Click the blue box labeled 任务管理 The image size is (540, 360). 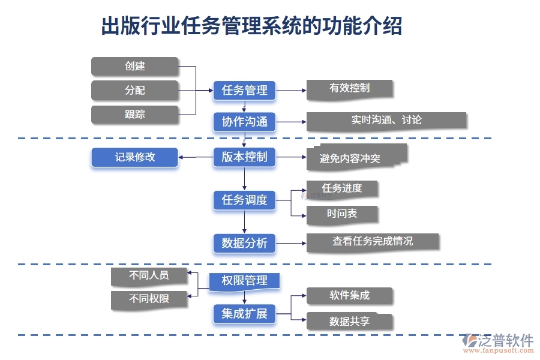tap(244, 91)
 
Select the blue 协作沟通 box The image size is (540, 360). tap(244, 122)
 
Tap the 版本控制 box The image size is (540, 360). tap(244, 157)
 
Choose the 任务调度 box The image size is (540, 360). tap(244, 200)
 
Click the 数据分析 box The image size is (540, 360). tap(244, 243)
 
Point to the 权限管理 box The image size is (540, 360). tap(244, 281)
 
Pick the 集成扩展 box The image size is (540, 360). tap(244, 313)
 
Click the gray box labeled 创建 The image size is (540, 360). tap(135, 66)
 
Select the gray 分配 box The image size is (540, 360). tap(135, 91)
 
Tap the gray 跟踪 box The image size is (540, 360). tap(135, 114)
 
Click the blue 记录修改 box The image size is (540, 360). tap(135, 157)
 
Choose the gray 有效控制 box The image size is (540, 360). tap(350, 88)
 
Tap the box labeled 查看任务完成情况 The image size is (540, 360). tap(373, 241)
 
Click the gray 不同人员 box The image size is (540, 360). tap(149, 276)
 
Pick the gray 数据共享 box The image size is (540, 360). tap(350, 321)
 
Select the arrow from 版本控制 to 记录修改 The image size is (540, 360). tap(196, 158)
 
